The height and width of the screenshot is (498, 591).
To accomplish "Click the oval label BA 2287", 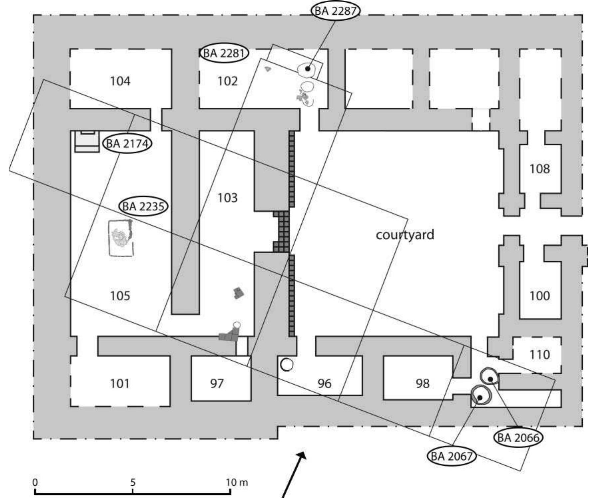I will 335,11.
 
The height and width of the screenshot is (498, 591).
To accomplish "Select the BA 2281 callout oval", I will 224,53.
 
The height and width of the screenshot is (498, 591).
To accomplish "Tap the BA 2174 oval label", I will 127,144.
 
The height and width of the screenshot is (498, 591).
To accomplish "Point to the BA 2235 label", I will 143,206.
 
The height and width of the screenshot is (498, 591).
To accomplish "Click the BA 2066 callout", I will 518,438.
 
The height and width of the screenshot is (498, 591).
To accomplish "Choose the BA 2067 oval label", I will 451,456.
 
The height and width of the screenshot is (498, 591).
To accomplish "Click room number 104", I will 120,81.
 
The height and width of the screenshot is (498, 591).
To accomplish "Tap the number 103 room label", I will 227,198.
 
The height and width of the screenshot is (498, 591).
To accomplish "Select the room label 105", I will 120,296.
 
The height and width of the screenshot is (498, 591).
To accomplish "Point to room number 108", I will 539,169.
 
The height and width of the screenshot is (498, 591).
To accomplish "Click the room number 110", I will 539,355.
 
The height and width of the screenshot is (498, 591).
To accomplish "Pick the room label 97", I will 217,384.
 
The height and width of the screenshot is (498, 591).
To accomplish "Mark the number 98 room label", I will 422,384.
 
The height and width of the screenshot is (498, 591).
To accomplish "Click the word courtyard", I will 405,235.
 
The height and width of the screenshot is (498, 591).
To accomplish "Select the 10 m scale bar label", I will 237,482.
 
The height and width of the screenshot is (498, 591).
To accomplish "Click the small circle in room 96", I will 286,365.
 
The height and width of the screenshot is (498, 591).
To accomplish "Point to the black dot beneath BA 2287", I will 308,69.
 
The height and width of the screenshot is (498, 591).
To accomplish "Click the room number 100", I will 539,296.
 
